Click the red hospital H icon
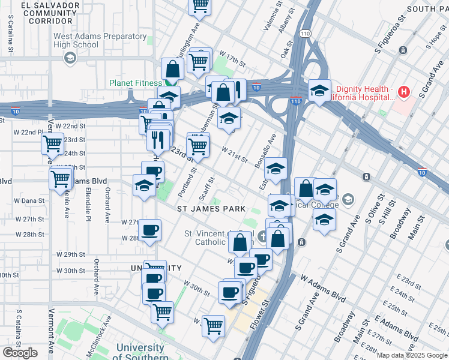(x=404, y=92)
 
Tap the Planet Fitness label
(x=135, y=83)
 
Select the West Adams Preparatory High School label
(x=100, y=40)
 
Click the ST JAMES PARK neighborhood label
(x=211, y=208)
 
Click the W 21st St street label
(x=235, y=154)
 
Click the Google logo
(x=20, y=353)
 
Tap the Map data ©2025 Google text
(x=412, y=355)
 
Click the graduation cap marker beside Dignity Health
(x=319, y=91)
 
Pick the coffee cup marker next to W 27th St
(x=149, y=229)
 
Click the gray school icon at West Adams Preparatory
(x=70, y=58)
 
